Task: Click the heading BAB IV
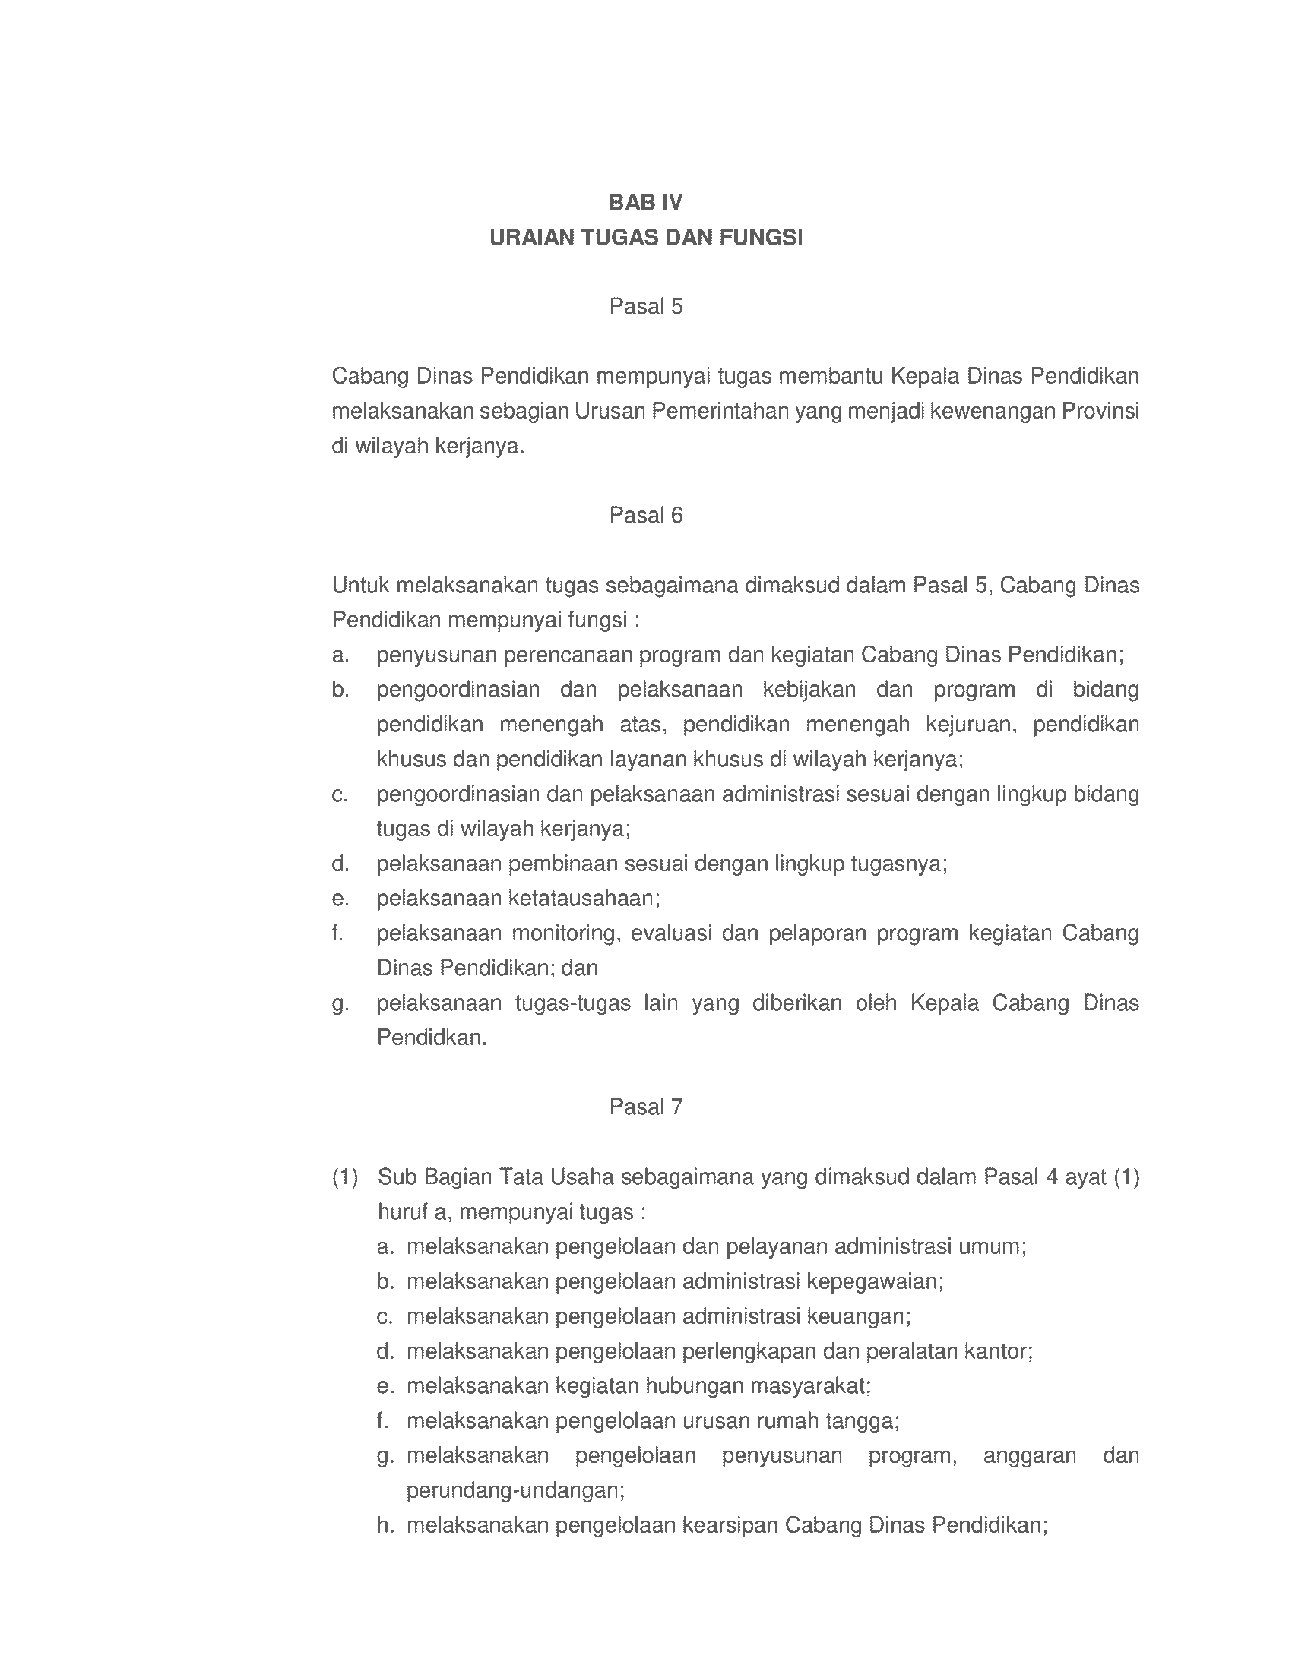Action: tap(645, 203)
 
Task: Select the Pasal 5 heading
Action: tap(645, 307)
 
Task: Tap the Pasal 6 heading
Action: tap(645, 516)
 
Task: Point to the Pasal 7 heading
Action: tap(645, 1107)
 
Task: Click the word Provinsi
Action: tap(1100, 412)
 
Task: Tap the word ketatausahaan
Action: tap(583, 899)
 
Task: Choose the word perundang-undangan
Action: tap(515, 1490)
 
